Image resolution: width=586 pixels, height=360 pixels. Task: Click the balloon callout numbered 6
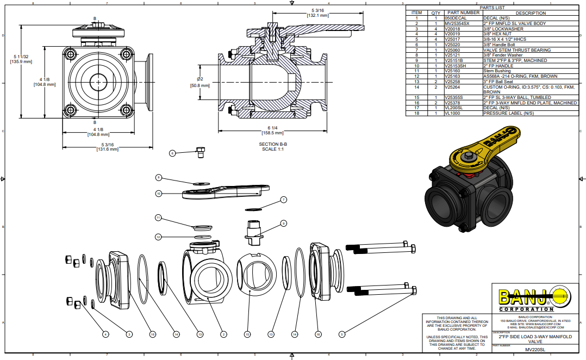[x=172, y=153]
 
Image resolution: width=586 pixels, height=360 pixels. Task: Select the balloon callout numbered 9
[x=283, y=223]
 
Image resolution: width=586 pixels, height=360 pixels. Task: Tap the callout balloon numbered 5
[x=342, y=334]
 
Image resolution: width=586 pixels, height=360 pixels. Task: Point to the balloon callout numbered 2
[x=223, y=334]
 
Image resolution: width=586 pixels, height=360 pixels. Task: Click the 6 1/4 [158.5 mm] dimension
[x=273, y=130]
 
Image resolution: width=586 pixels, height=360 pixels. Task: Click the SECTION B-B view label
[x=273, y=144]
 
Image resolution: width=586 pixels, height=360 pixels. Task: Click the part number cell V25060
[x=452, y=50]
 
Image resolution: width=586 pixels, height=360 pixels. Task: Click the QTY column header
[x=435, y=13]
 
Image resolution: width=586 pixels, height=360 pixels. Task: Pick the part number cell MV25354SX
[x=457, y=24]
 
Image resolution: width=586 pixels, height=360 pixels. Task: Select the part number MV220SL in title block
[x=534, y=350]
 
